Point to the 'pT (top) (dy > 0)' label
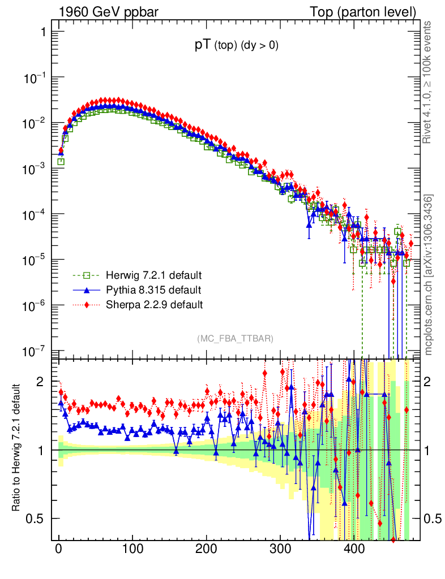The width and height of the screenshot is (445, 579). [236, 46]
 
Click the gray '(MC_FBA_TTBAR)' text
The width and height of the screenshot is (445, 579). [236, 338]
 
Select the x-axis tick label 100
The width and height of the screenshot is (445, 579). [132, 549]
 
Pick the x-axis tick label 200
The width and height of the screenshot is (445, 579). [206, 549]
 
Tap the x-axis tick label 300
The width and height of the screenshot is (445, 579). [280, 549]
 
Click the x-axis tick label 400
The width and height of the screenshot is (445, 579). [353, 549]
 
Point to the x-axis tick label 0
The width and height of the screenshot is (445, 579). [59, 549]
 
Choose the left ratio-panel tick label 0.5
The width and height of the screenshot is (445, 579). [37, 518]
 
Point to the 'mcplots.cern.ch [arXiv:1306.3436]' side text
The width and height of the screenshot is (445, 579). [429, 275]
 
